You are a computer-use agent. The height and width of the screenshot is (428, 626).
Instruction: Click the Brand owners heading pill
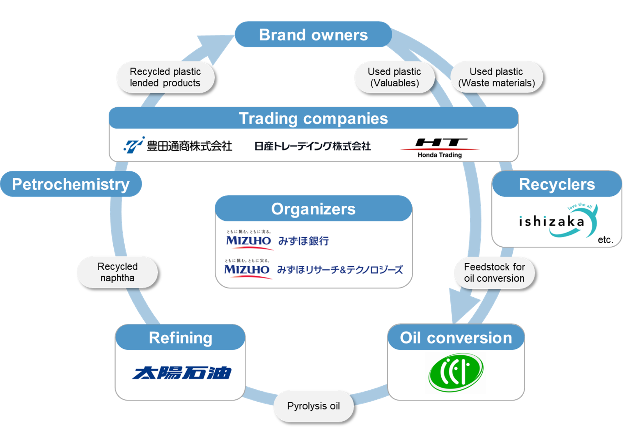(x=313, y=34)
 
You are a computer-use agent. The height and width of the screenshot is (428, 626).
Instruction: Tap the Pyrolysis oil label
(x=313, y=406)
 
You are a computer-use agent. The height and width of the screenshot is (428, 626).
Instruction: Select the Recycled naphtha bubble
(x=117, y=272)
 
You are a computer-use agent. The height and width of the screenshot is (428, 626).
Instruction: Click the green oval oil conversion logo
(x=456, y=372)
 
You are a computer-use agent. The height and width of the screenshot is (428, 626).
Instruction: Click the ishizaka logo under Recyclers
(x=558, y=221)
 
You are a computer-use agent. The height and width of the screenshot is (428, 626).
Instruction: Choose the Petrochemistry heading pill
(x=71, y=184)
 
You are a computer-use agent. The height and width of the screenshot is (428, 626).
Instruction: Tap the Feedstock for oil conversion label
(x=494, y=272)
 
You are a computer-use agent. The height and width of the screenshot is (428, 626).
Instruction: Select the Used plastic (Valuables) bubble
(x=394, y=77)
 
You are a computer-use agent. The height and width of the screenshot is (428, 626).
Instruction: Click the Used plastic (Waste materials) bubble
(x=496, y=77)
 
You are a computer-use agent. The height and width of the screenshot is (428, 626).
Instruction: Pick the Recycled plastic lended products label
(x=165, y=77)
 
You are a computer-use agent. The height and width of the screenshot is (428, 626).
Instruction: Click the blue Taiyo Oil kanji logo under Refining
(x=182, y=373)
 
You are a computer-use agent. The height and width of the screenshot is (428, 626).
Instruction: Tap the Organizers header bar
(x=313, y=209)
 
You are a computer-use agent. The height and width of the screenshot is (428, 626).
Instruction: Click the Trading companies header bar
(x=313, y=118)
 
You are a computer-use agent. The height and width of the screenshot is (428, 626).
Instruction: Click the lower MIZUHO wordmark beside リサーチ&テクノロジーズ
(x=247, y=270)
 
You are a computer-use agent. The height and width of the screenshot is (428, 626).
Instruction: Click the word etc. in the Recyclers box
(x=605, y=240)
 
